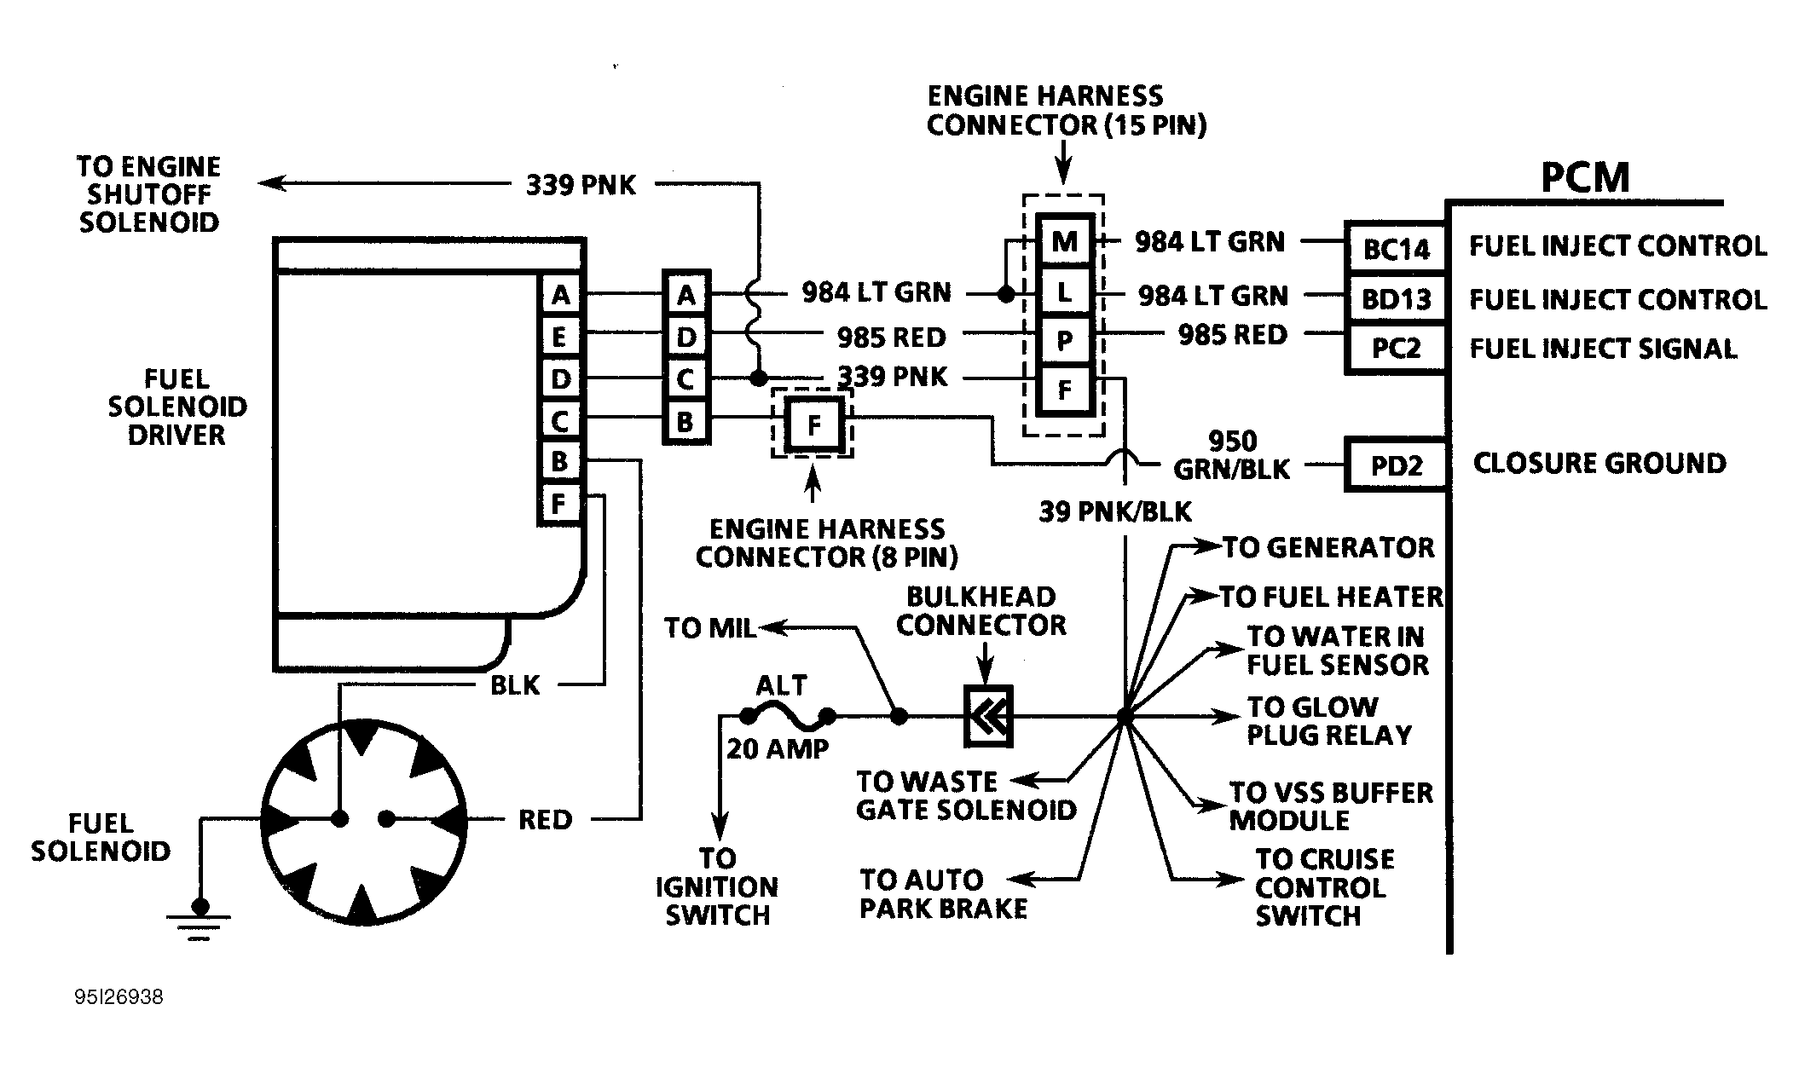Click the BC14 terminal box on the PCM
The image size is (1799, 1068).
pyautogui.click(x=1396, y=249)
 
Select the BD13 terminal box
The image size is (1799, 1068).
pyautogui.click(x=1396, y=299)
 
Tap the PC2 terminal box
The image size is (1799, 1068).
pyautogui.click(x=1396, y=349)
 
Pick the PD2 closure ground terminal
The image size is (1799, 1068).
pyautogui.click(x=1396, y=465)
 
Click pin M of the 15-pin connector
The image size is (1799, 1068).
pyautogui.click(x=1064, y=242)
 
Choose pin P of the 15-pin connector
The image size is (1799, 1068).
pyautogui.click(x=1064, y=341)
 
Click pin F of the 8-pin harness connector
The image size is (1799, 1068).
pyautogui.click(x=813, y=424)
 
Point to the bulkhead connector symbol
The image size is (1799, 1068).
pyautogui.click(x=988, y=717)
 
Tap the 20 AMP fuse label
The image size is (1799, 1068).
pyautogui.click(x=777, y=748)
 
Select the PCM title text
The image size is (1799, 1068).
pyautogui.click(x=1584, y=178)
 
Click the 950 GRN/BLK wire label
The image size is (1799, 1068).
pyautogui.click(x=1232, y=454)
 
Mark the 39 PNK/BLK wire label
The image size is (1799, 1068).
pyautogui.click(x=1115, y=511)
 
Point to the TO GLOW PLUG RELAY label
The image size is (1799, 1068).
pyautogui.click(x=1328, y=721)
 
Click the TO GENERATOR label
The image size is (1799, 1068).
pyautogui.click(x=1328, y=547)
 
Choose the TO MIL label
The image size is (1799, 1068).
pyautogui.click(x=709, y=628)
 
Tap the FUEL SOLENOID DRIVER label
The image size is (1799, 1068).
pyautogui.click(x=177, y=407)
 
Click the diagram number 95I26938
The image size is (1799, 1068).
pyautogui.click(x=119, y=997)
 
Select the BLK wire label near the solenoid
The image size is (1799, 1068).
pyautogui.click(x=515, y=685)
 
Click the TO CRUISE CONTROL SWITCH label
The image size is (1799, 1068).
pyautogui.click(x=1324, y=887)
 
